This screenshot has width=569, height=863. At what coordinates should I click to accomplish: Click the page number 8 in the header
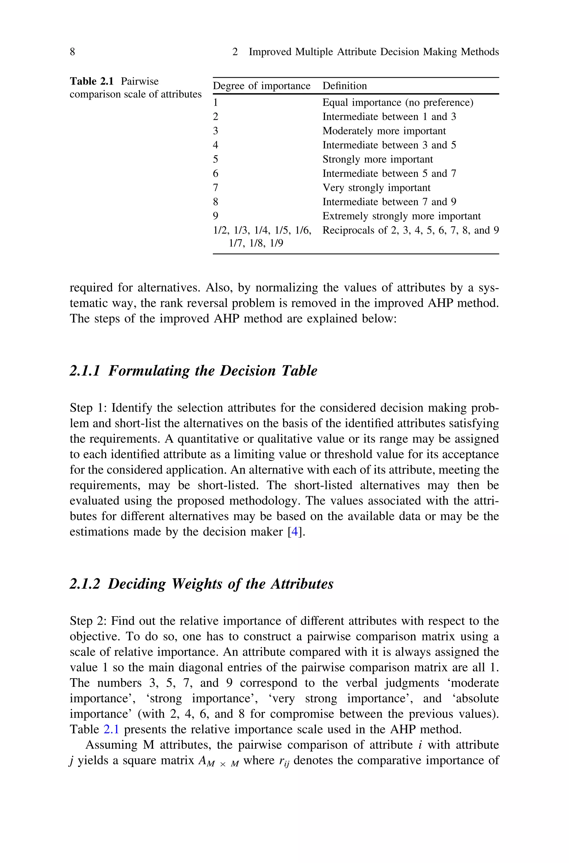coord(72,52)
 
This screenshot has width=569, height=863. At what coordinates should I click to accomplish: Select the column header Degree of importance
coord(261,86)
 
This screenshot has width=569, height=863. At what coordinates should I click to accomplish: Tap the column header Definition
coord(345,86)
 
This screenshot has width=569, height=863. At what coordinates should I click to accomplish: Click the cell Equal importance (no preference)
coord(398,103)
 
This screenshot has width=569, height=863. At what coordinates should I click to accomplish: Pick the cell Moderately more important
coord(384,131)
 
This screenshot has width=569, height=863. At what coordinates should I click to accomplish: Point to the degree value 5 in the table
coord(216,159)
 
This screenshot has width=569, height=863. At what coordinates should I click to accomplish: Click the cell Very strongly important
coord(376,188)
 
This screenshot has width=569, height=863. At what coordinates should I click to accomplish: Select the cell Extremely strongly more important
coord(401,216)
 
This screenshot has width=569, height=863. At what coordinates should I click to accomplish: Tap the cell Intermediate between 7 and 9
coord(389,202)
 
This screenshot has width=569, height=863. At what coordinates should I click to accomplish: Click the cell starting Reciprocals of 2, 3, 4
coord(410,230)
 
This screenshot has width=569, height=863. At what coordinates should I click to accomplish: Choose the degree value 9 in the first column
coord(216,216)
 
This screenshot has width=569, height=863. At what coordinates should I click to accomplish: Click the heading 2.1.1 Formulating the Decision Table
coord(193,371)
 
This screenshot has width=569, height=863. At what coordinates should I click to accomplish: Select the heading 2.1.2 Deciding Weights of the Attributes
coord(201,584)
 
